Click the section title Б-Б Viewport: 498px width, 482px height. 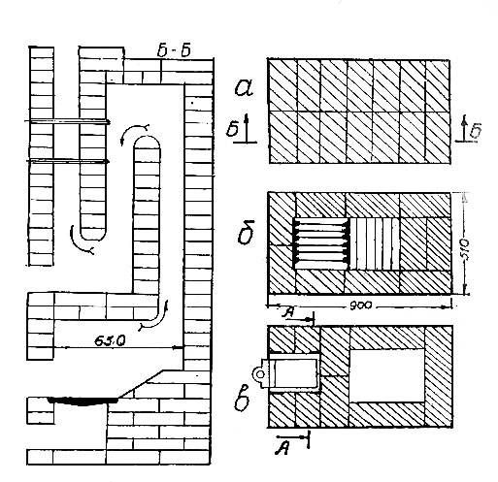174,51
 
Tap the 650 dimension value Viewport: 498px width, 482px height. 110,340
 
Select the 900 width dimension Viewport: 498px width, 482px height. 361,305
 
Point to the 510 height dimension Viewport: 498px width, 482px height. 465,250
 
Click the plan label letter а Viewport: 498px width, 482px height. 244,88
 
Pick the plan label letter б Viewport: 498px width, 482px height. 246,232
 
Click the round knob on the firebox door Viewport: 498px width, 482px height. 259,374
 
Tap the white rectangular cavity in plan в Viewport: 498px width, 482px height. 387,375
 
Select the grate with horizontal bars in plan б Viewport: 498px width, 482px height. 321,243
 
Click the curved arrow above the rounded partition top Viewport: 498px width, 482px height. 134,132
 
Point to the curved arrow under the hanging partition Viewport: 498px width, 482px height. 81,241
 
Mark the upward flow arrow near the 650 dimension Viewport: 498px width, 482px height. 154,317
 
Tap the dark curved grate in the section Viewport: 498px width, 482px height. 83,402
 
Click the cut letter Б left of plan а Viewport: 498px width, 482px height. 232,129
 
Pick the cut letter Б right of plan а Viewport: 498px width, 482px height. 476,131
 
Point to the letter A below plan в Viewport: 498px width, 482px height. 282,448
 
